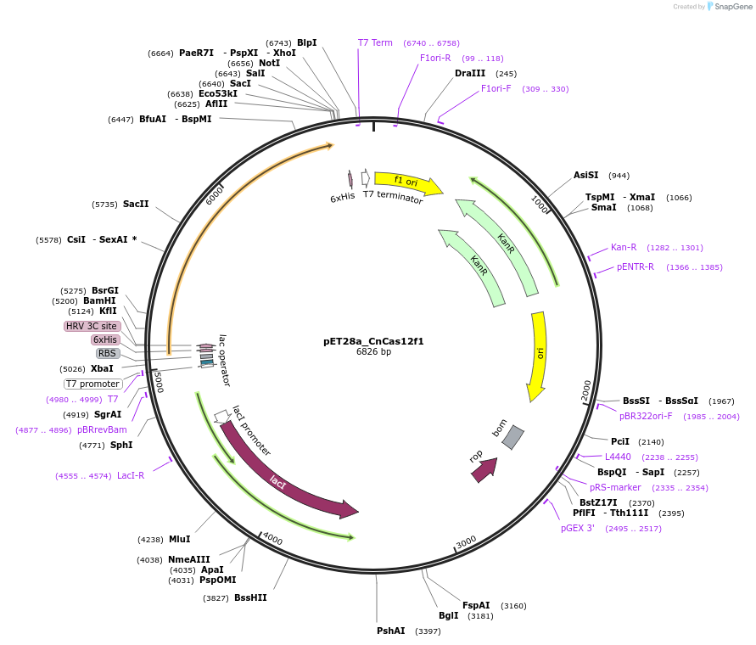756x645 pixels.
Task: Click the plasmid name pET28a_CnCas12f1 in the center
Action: tap(373, 341)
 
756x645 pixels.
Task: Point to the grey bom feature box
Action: tap(512, 437)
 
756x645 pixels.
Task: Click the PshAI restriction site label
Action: tap(391, 631)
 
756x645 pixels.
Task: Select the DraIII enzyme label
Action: tap(470, 73)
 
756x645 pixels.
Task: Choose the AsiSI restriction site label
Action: tap(585, 175)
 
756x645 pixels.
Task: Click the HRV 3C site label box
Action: tap(92, 326)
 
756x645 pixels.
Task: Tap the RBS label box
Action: tap(107, 353)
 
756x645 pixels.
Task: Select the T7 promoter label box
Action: tap(92, 384)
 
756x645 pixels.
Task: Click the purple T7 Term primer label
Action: tap(375, 42)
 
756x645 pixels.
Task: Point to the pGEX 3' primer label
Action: tap(578, 528)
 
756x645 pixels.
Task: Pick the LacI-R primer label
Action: tap(131, 475)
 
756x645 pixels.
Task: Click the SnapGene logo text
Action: tap(734, 7)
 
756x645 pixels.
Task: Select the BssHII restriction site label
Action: tap(250, 597)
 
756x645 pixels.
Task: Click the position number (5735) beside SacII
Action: tap(105, 205)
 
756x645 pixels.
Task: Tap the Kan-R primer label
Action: tap(624, 248)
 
